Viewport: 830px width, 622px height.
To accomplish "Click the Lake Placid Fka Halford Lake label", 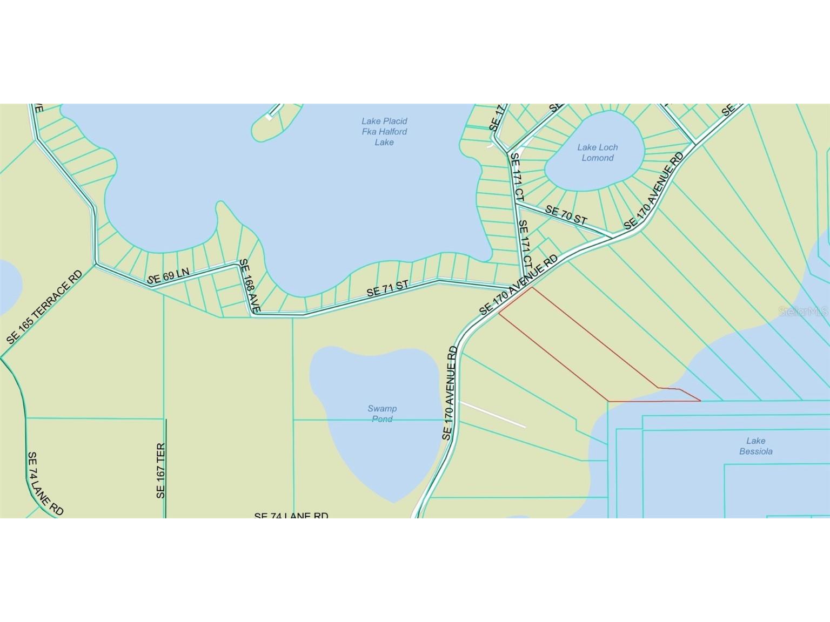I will (384, 132).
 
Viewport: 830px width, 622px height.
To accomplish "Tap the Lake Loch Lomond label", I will (597, 152).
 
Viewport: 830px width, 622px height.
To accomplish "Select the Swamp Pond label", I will (382, 413).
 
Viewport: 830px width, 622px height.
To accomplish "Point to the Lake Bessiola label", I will (755, 446).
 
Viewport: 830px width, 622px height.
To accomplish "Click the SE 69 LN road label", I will (168, 275).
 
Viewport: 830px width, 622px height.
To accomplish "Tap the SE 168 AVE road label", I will (250, 286).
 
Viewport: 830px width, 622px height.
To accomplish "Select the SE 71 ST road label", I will (387, 288).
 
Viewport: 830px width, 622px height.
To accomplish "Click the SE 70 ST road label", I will (566, 215).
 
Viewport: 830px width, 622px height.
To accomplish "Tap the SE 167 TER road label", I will (160, 471).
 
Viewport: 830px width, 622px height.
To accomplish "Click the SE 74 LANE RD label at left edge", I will (45, 484).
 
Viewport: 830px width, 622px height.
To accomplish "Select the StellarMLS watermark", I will (803, 312).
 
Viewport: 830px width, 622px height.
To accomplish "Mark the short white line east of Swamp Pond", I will (492, 414).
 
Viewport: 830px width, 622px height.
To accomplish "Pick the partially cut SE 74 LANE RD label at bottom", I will (291, 515).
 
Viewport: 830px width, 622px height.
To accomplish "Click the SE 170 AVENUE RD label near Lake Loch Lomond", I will (654, 191).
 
